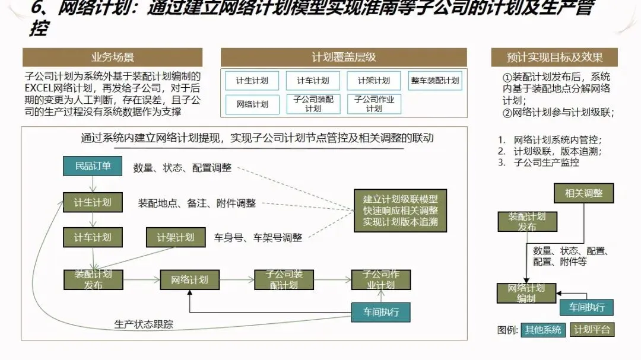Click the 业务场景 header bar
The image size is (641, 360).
(112, 58)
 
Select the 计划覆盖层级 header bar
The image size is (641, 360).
(344, 58)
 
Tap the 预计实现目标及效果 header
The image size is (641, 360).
(554, 58)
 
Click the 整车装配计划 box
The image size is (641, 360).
(435, 81)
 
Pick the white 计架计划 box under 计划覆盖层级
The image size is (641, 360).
(374, 81)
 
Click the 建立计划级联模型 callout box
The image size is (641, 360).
(401, 211)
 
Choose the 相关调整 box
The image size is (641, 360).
(583, 193)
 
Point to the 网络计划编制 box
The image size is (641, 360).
(526, 293)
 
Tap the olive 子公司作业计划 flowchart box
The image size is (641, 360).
(381, 279)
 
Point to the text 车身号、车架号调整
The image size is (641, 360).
(258, 238)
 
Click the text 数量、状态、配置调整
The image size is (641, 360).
(182, 168)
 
